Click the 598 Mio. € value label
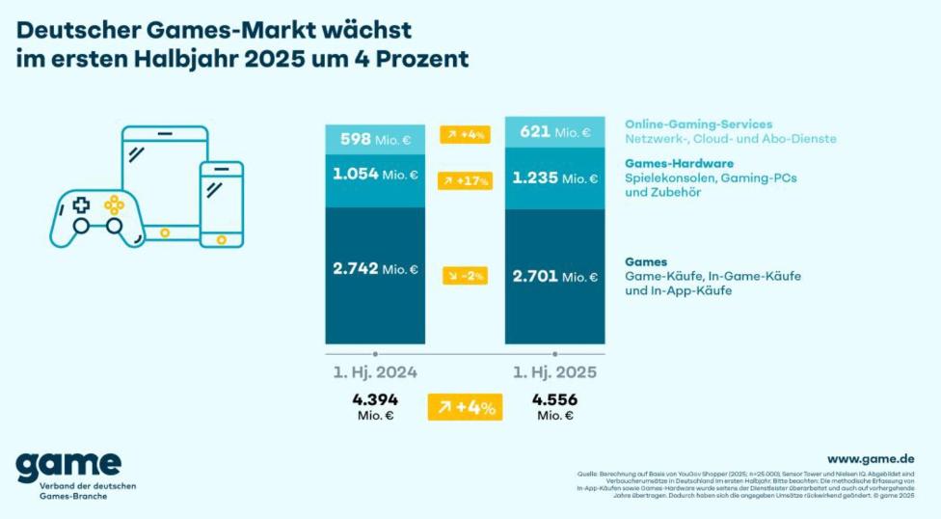374,138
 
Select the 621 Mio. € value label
554,132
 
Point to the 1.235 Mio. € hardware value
554,178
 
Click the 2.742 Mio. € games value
374,268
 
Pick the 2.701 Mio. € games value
554,276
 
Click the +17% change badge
465,180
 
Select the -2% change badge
465,276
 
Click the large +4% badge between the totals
465,407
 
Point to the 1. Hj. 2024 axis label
375,372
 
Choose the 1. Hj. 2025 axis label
555,372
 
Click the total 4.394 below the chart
375,398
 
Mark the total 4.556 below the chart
555,398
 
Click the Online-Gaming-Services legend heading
699,124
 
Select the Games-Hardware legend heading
679,163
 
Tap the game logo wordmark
67,465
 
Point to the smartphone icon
222,203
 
